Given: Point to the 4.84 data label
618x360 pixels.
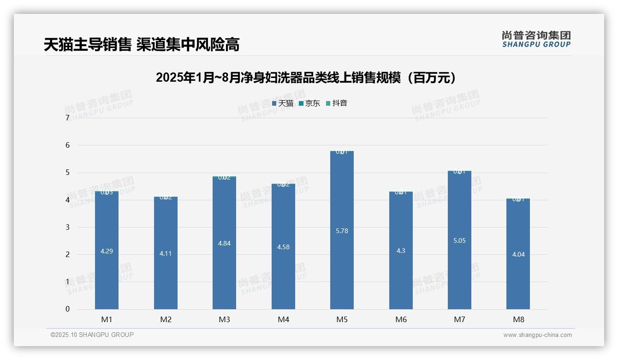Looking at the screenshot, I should click(224, 243).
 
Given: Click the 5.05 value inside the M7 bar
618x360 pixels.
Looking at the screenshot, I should click(459, 240).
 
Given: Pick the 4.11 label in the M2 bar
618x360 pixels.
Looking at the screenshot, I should click(166, 253).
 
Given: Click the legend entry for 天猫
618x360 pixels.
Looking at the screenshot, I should click(283, 103).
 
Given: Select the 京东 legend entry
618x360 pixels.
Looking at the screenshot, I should click(309, 103).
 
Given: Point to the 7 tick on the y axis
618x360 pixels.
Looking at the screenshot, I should click(67, 118).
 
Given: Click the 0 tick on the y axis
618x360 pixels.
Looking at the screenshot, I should click(67, 309).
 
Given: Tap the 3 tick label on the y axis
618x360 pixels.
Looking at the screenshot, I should click(67, 227).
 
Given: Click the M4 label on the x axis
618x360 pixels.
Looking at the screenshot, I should click(283, 319).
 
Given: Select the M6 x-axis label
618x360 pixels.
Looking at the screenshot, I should click(401, 319).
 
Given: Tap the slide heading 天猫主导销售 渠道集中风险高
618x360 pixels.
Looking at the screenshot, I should click(142, 45).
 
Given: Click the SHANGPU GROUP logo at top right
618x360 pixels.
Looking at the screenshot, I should click(536, 39).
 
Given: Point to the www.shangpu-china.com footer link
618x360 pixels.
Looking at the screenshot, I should click(537, 335).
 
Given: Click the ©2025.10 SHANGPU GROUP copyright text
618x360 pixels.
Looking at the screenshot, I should click(92, 335).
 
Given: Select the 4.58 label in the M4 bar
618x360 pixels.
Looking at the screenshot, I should click(283, 247).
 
